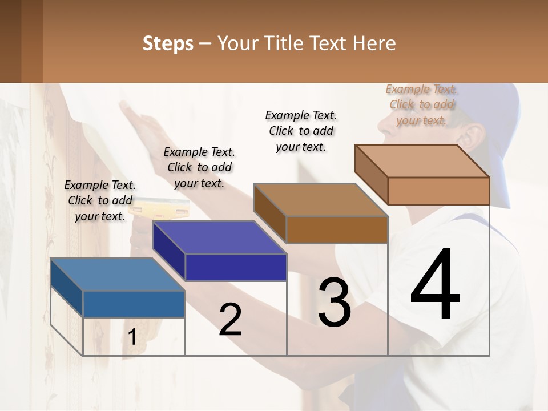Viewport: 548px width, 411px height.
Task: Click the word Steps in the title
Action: [167, 43]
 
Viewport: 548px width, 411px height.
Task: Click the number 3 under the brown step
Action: [334, 303]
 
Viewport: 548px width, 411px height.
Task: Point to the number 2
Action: [230, 320]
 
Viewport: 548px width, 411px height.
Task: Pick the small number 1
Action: [132, 337]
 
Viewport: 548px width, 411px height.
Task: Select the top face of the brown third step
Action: [320, 200]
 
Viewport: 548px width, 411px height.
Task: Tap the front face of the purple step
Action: [236, 267]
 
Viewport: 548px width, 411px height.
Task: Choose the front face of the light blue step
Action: [134, 304]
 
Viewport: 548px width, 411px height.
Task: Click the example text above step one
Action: [100, 200]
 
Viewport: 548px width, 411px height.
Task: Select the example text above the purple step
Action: [199, 167]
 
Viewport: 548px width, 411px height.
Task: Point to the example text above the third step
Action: [301, 131]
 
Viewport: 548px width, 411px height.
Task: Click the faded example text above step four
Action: [421, 104]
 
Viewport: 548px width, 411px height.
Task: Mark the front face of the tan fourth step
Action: [438, 191]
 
